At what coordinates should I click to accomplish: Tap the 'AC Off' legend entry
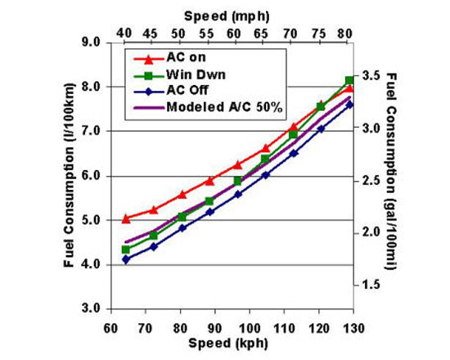tap(187, 92)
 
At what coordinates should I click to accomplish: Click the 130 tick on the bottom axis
tap(351, 325)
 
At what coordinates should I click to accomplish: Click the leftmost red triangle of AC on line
tap(126, 218)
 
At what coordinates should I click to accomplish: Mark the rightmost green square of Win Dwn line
tap(350, 80)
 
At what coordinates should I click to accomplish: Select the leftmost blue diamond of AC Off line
tap(126, 259)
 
